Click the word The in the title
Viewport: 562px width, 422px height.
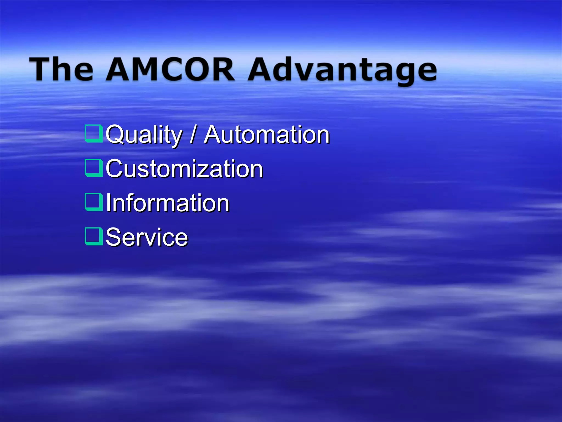click(61, 69)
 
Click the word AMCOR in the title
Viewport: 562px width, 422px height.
click(170, 69)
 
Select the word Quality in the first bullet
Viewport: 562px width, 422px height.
click(144, 135)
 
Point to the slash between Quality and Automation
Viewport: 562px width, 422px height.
click(193, 135)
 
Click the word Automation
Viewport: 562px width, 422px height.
click(266, 135)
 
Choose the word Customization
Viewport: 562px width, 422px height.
click(184, 169)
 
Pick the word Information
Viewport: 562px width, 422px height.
click(167, 203)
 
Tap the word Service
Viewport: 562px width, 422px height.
click(147, 237)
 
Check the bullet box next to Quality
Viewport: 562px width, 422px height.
click(94, 134)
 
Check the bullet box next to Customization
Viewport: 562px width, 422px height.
click(94, 168)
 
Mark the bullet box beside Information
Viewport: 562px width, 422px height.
click(94, 202)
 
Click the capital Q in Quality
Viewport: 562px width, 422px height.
click(115, 135)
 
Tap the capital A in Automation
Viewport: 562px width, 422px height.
click(213, 135)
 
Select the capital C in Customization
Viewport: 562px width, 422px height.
click(115, 169)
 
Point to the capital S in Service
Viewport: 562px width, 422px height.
click(114, 237)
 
